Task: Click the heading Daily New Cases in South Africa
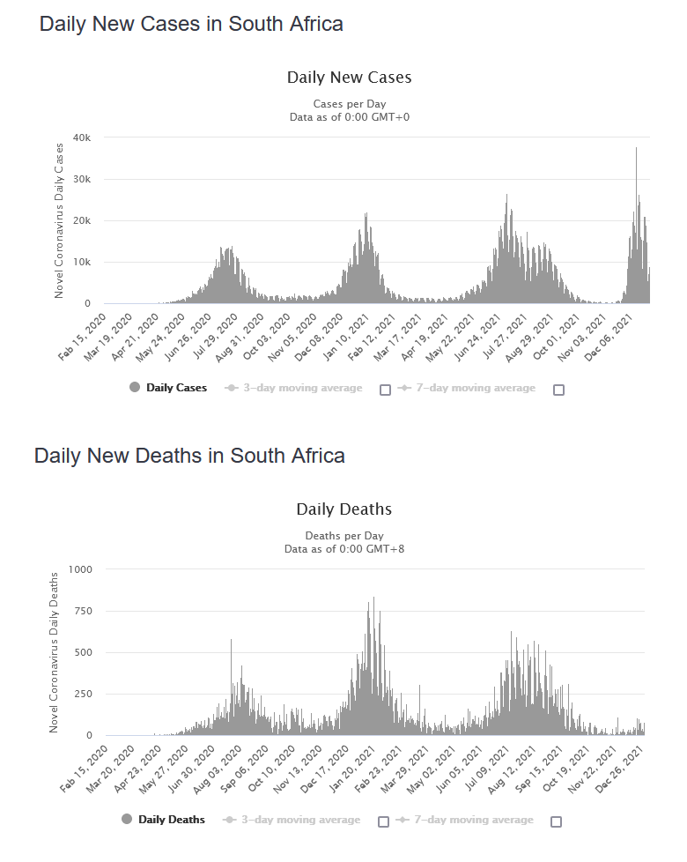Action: click(191, 24)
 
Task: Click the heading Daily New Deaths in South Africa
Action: click(189, 456)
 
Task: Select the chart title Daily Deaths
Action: click(343, 509)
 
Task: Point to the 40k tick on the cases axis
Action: click(82, 137)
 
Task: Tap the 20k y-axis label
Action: click(82, 220)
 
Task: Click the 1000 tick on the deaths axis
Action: click(79, 569)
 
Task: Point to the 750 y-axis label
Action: click(83, 611)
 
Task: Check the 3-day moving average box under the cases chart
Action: click(385, 390)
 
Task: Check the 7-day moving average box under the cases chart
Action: click(558, 390)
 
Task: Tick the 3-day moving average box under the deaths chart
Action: click(383, 821)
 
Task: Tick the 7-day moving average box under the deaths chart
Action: click(556, 821)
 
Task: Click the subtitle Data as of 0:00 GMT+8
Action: click(343, 549)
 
